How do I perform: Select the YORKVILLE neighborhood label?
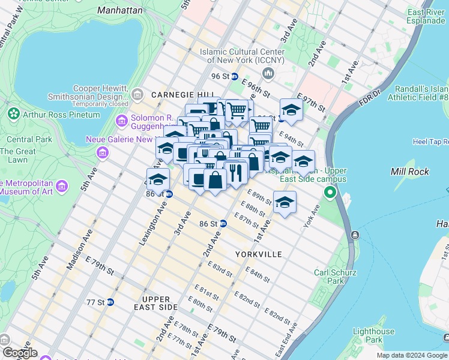(x=258, y=254)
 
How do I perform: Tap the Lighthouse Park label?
(x=373, y=335)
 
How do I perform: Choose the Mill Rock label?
(x=410, y=172)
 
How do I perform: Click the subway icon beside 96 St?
(x=235, y=77)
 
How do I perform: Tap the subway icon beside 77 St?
(x=110, y=302)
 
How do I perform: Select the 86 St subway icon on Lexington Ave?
(x=169, y=194)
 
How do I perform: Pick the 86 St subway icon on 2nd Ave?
(x=223, y=223)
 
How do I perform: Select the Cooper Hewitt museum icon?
(x=137, y=94)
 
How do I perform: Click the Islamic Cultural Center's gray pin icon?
(x=268, y=73)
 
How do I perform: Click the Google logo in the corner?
(x=20, y=353)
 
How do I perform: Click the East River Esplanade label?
(x=426, y=16)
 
